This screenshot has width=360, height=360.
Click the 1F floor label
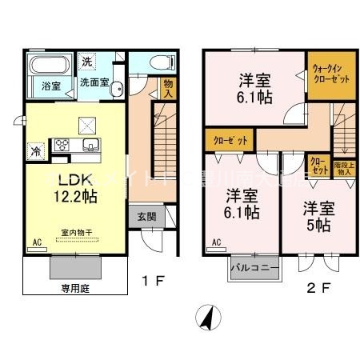pos(154,282)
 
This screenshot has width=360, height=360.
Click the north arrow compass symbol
pos(208,318)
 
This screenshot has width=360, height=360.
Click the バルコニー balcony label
pos(253,265)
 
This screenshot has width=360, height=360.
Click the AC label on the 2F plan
pos(216,241)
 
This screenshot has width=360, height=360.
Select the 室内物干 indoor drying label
pos(77,233)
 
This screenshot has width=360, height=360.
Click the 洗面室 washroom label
pos(94,82)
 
